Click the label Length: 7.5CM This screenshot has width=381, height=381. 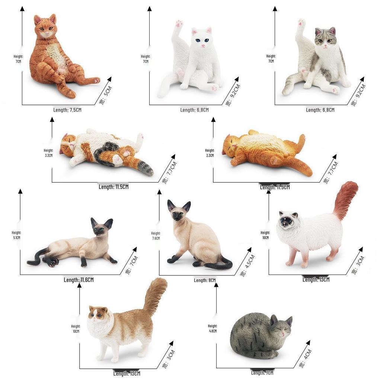(67, 110)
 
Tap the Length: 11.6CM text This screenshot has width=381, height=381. (79, 280)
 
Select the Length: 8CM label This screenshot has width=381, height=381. (205, 280)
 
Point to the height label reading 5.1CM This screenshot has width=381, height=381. (16, 235)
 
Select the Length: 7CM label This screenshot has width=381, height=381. (262, 372)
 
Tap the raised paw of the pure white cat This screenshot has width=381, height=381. (179, 24)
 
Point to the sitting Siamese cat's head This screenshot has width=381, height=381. (179, 212)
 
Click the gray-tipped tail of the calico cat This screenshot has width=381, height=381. (144, 168)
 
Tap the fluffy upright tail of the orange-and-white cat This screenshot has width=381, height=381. (155, 294)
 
